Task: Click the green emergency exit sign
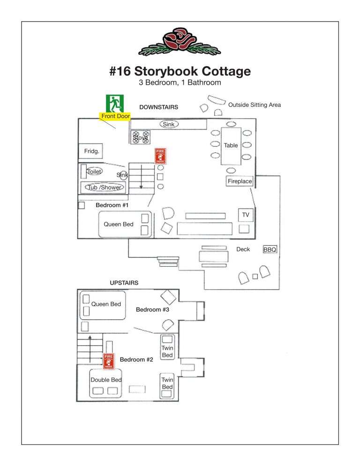[x=114, y=103]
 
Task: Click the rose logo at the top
[x=180, y=42]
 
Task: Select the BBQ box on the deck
[x=270, y=250]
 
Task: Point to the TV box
[x=245, y=215]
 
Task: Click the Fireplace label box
[x=240, y=181]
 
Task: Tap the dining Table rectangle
[x=231, y=145]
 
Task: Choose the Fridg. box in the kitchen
[x=90, y=151]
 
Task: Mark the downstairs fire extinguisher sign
[x=161, y=156]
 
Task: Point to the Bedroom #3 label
[x=152, y=309]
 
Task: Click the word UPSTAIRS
[x=124, y=283]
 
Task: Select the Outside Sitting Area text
[x=255, y=105]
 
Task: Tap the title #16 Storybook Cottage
[x=180, y=71]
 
